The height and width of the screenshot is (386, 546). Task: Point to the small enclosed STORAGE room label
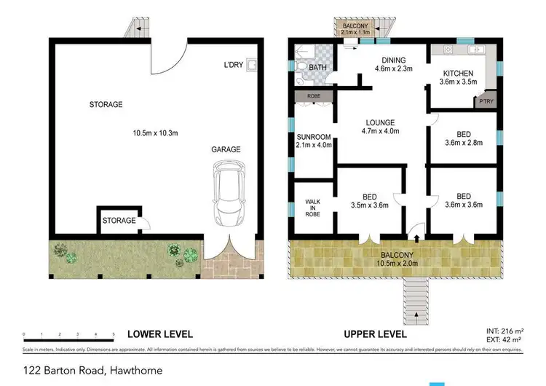pyautogui.click(x=118, y=220)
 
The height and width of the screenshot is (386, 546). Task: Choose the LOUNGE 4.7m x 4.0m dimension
pyautogui.click(x=380, y=132)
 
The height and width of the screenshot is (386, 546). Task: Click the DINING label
pyautogui.click(x=394, y=60)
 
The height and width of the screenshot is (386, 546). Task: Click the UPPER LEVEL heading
pyautogui.click(x=375, y=334)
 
